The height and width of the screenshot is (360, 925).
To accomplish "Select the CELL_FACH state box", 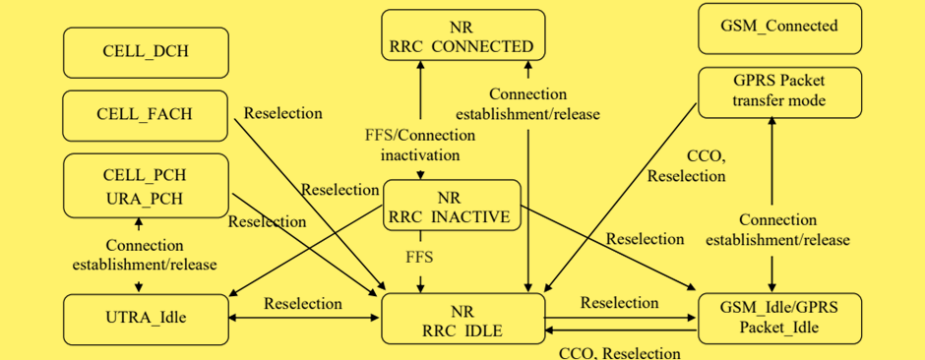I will click(146, 115).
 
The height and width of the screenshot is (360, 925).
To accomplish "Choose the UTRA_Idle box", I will click(146, 318).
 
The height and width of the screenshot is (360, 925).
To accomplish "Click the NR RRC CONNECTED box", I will click(462, 35).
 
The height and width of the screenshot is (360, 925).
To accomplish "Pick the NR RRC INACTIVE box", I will click(451, 206).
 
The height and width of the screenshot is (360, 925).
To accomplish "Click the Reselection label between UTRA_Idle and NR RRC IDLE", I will click(303, 303).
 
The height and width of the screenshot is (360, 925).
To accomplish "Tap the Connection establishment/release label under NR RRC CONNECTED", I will click(527, 103).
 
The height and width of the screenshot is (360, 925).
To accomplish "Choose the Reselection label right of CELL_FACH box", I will click(282, 113).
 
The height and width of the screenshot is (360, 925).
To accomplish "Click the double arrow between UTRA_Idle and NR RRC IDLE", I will click(303, 319).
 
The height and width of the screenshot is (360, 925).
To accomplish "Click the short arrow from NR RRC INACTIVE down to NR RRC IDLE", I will click(420, 280).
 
